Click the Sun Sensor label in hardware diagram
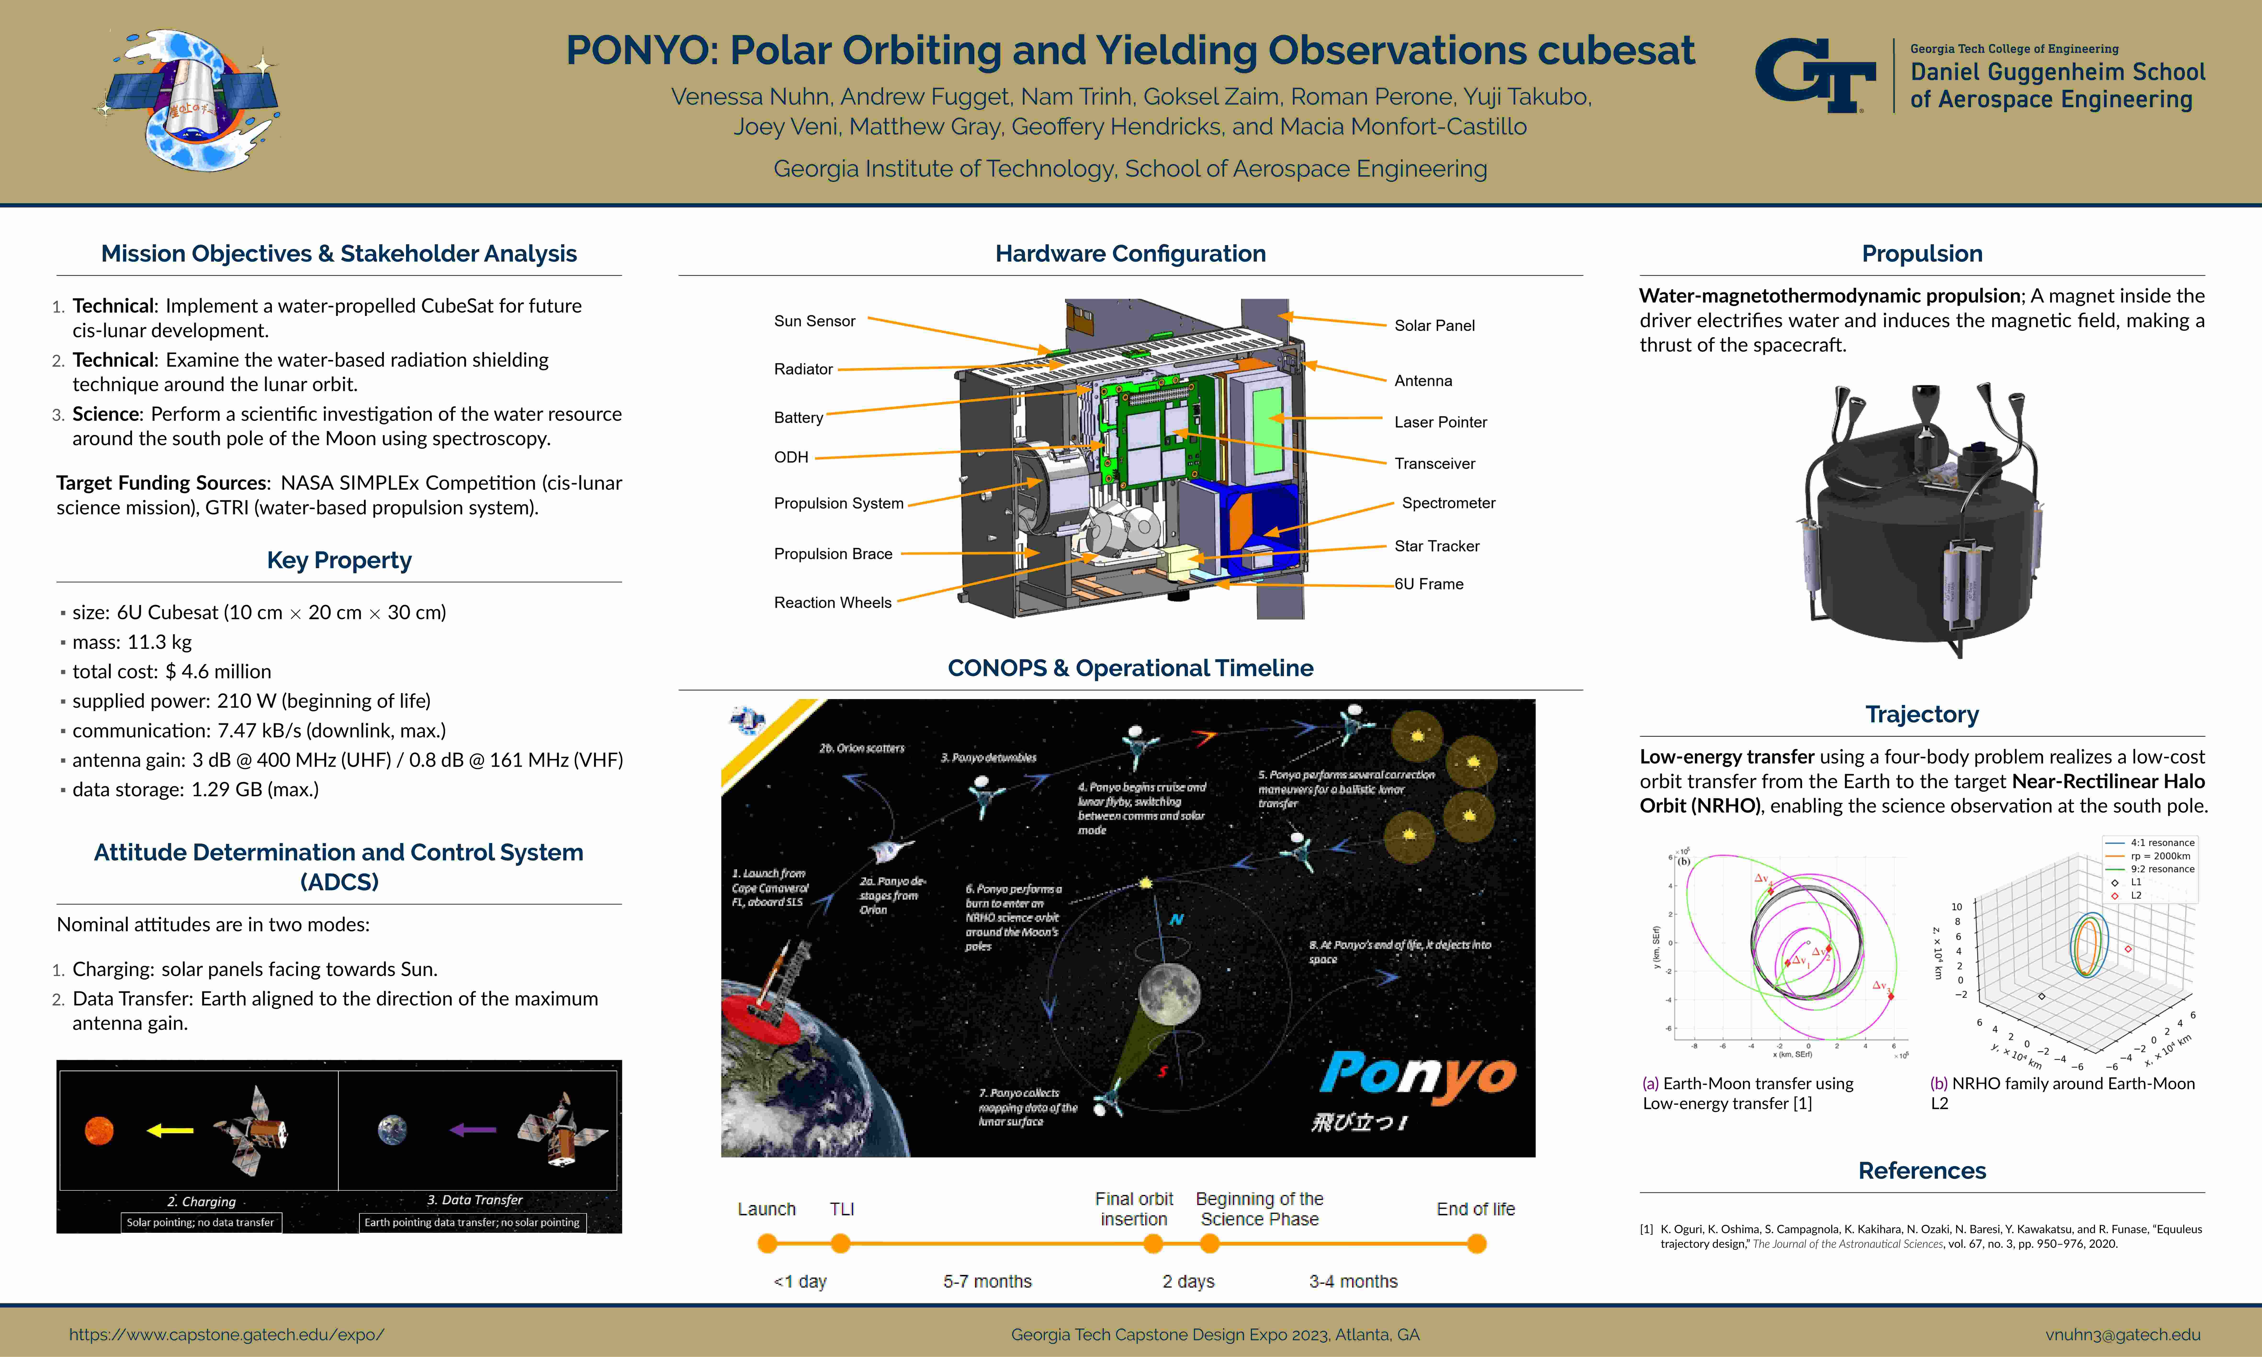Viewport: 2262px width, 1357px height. pos(814,321)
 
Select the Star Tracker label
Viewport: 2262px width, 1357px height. pos(1436,546)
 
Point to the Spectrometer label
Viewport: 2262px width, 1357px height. pos(1448,503)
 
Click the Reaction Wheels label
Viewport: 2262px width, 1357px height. pos(832,603)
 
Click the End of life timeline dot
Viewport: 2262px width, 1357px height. pos(1476,1244)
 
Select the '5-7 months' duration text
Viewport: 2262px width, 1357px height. pos(987,1281)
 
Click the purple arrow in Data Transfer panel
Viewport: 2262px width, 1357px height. pos(473,1130)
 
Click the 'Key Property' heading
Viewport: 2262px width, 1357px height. pos(339,560)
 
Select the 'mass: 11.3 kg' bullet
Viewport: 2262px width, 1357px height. pos(132,642)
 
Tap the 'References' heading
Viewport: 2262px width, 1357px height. pos(1922,1171)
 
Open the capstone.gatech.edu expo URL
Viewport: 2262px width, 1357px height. pos(227,1334)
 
